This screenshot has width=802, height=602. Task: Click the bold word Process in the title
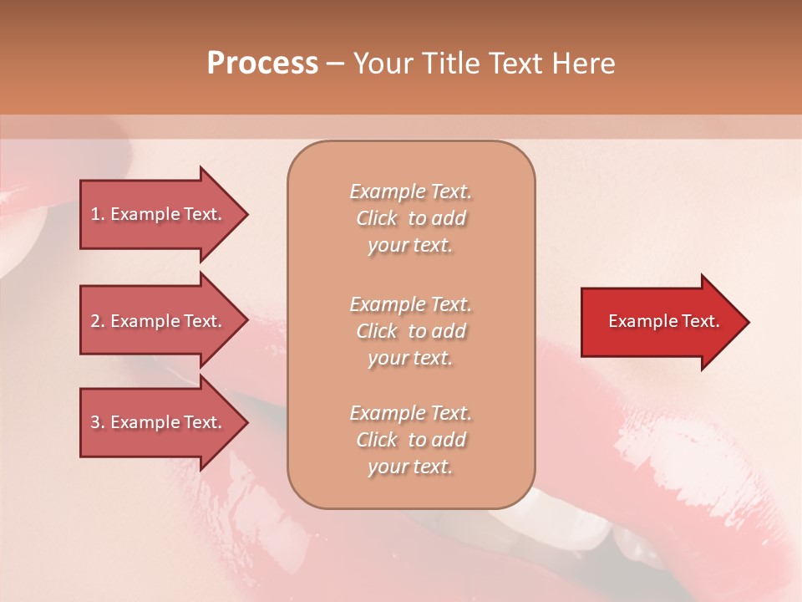click(x=262, y=64)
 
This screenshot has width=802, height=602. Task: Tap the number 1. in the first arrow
click(x=98, y=214)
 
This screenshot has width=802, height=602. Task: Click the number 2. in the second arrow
click(x=98, y=321)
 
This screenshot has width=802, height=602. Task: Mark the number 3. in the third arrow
click(x=98, y=422)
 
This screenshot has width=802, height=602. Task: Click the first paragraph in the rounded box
click(x=410, y=218)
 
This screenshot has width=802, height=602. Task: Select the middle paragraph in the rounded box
click(x=410, y=331)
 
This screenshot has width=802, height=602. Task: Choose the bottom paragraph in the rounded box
click(x=410, y=440)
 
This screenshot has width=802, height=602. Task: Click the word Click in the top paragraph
click(x=377, y=218)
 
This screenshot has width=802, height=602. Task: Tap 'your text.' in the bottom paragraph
click(x=410, y=467)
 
